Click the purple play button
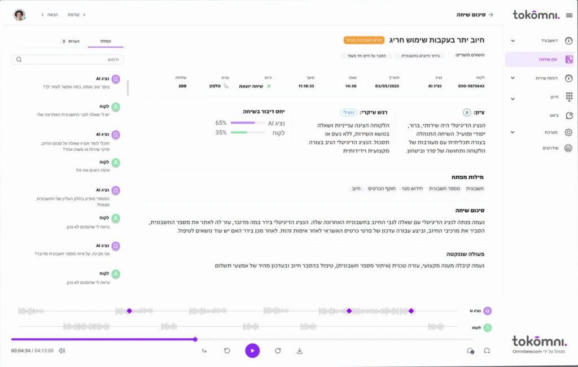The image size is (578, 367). [x=252, y=351]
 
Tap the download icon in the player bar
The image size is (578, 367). [x=300, y=351]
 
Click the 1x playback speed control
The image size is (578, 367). [x=204, y=351]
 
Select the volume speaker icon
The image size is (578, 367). [x=62, y=351]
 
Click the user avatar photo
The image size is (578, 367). [x=19, y=15]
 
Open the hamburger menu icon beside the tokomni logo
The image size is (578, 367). [x=568, y=15]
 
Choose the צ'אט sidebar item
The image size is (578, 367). [x=553, y=115]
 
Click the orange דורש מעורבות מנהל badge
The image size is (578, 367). [x=364, y=41]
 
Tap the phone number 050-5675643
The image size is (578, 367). [x=471, y=86]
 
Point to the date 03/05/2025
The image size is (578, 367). [x=387, y=86]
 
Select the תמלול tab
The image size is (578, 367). [x=105, y=41]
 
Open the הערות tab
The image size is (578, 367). [x=72, y=41]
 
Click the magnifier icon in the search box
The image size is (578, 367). [x=19, y=59]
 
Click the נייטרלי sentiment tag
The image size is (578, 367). [x=349, y=113]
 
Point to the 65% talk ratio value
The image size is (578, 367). [x=221, y=123]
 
